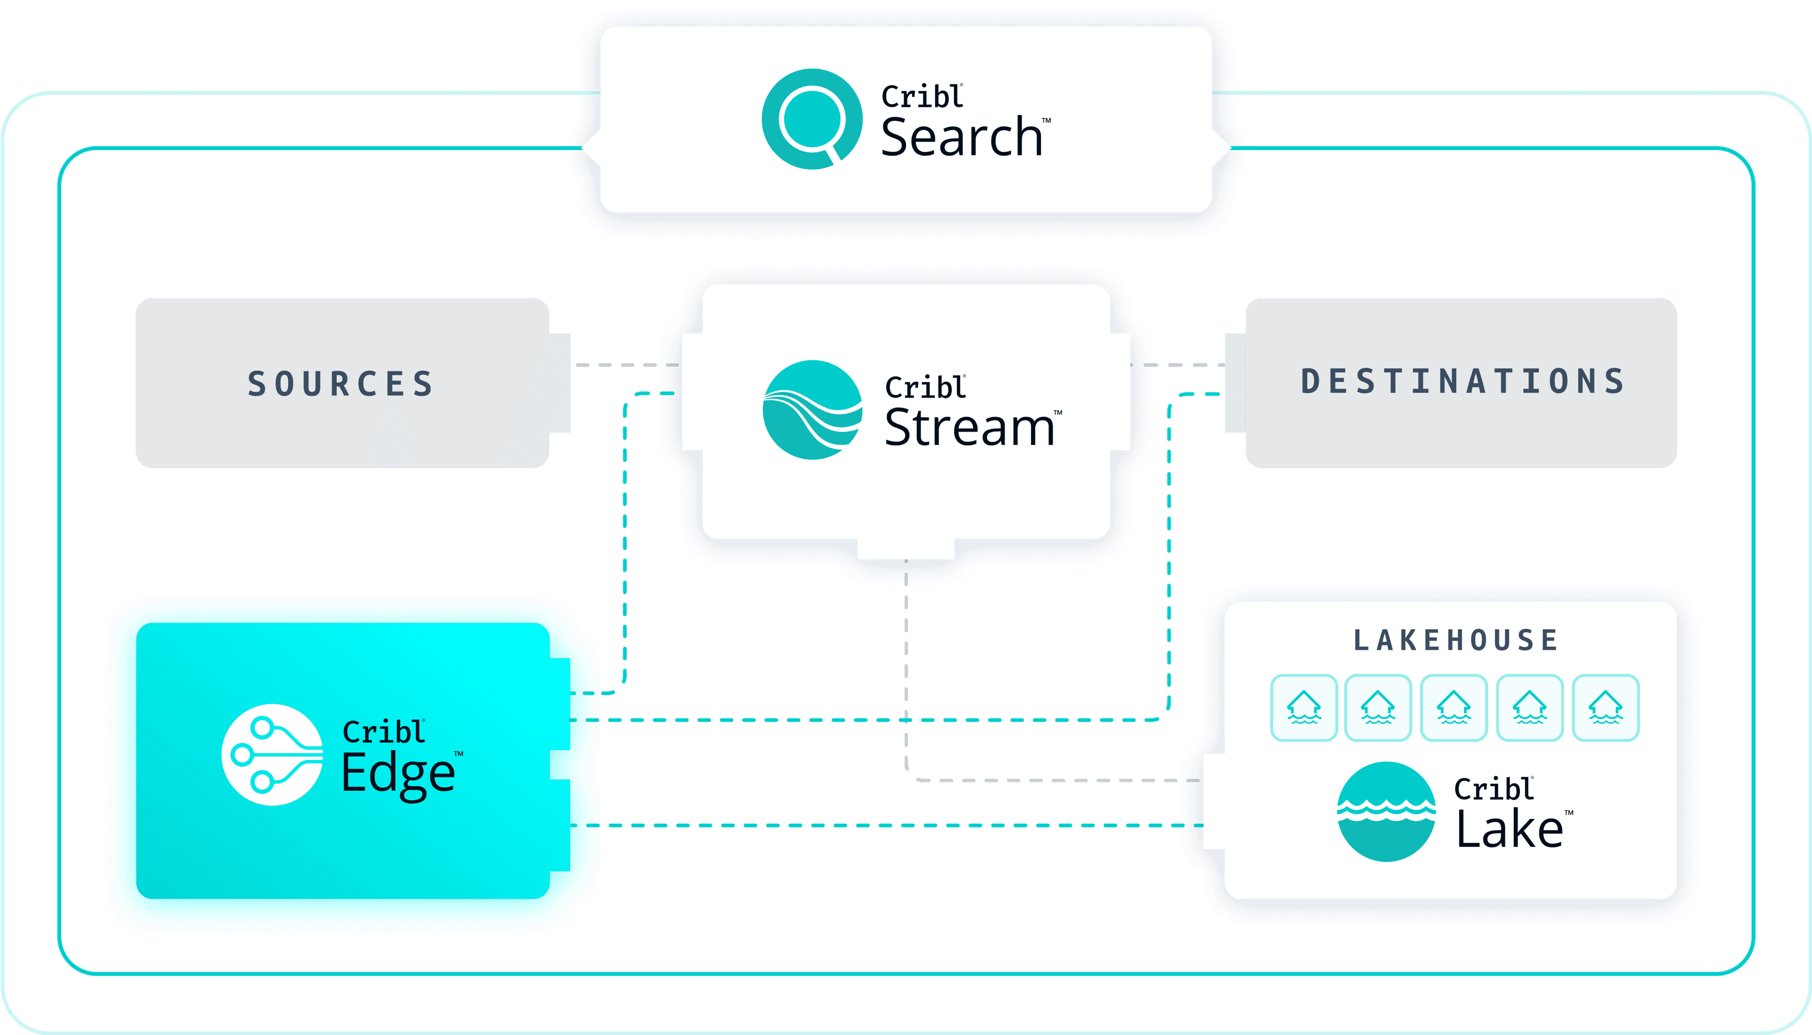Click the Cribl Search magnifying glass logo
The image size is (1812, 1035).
(x=811, y=119)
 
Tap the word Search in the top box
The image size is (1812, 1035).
(x=961, y=137)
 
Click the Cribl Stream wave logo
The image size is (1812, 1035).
(x=813, y=410)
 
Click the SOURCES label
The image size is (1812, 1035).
(x=341, y=384)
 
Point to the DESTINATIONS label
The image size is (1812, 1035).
(x=1463, y=382)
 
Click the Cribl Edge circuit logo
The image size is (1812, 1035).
(x=272, y=754)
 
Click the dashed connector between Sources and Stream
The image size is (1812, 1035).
(x=626, y=365)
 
